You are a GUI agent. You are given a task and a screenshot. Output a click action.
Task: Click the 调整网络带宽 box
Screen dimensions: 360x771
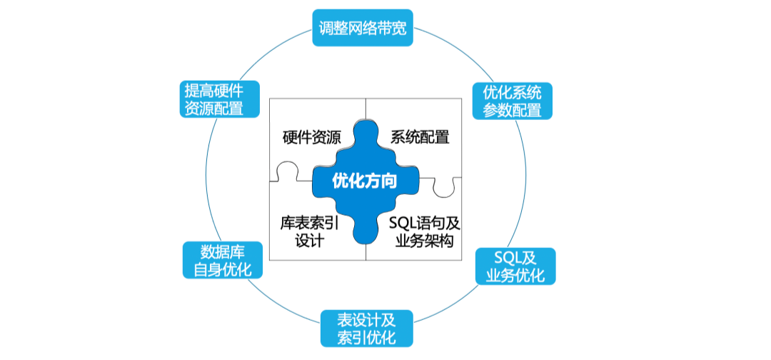[363, 28]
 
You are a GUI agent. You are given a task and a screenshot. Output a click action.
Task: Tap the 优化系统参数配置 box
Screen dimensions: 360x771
[512, 101]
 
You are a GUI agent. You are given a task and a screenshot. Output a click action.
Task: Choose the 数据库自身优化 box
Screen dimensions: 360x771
[223, 260]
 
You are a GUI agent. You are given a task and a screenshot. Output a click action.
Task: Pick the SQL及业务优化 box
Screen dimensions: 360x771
[515, 266]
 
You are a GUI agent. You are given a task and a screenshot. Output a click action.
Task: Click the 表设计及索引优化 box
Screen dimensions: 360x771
[367, 328]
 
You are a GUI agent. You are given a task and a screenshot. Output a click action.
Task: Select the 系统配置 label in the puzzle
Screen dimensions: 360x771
[420, 136]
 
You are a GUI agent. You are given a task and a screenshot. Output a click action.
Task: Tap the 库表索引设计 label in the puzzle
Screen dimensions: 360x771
[309, 231]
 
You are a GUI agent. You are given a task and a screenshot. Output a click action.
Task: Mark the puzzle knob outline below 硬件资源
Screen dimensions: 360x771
[288, 171]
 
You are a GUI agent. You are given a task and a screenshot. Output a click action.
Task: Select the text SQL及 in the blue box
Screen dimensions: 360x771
[515, 258]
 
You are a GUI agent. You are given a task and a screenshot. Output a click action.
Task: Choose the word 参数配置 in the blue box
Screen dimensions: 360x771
[512, 110]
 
